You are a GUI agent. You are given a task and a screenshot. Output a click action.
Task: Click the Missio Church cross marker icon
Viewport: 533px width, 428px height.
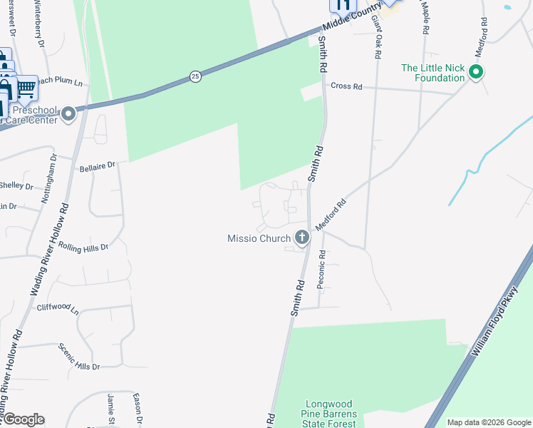coord(302,238)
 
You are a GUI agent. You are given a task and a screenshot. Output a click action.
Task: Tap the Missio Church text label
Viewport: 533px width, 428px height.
coord(259,238)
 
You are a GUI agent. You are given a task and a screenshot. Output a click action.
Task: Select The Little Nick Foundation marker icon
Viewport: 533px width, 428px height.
coord(477,72)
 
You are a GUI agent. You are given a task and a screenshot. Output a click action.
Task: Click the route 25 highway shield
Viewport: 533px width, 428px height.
coord(196,76)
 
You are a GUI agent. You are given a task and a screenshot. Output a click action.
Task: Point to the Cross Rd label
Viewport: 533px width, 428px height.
coord(346,86)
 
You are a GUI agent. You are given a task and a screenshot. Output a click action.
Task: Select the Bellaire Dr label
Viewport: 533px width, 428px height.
coord(97,167)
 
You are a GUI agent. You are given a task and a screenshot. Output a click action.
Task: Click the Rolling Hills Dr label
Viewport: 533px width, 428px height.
coord(83,248)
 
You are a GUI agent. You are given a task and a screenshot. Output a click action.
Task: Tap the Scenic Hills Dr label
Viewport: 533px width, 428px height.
coord(79,356)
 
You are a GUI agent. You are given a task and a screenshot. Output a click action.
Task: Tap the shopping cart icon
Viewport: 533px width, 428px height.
coord(26,88)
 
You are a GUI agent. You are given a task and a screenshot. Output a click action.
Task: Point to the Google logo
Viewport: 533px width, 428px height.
coord(23,419)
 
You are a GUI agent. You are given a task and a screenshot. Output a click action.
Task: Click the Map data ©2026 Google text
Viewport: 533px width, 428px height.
coord(488,422)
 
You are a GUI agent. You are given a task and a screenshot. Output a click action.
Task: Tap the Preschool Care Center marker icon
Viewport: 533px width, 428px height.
coord(68,114)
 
